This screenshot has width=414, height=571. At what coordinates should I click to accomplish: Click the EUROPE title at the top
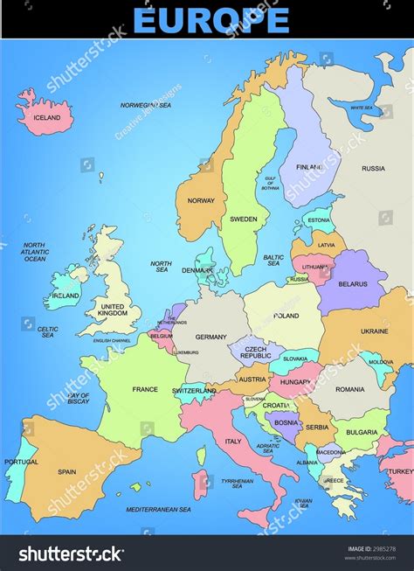click(210, 19)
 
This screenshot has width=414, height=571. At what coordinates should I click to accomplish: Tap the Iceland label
click(46, 117)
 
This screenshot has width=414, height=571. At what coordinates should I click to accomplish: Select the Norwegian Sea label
click(145, 105)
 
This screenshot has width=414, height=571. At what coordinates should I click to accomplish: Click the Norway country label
click(201, 200)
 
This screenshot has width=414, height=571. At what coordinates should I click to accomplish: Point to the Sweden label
click(244, 219)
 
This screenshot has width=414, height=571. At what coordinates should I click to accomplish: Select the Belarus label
click(354, 283)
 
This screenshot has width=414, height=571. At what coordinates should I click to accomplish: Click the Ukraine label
click(375, 331)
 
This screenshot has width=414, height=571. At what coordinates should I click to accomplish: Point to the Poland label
click(286, 316)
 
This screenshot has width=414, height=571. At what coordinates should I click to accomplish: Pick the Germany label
click(210, 337)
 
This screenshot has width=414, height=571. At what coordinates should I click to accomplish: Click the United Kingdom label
click(113, 309)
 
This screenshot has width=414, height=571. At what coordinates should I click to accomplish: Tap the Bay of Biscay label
click(79, 399)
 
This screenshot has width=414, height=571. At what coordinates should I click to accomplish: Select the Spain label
click(67, 471)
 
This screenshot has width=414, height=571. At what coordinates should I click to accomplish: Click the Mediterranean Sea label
click(159, 509)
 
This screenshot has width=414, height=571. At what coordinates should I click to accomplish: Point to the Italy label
click(233, 442)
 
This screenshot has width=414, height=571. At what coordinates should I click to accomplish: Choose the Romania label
click(349, 388)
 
